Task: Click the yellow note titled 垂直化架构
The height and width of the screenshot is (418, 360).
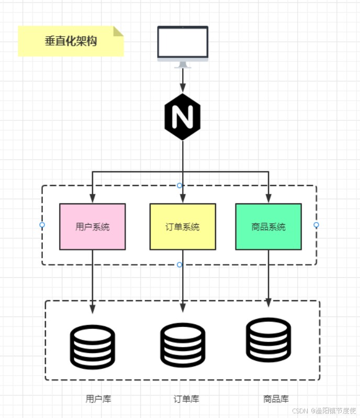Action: tap(71, 41)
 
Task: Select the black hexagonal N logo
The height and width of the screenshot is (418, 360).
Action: tap(183, 117)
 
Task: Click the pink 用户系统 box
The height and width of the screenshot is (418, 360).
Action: tap(93, 227)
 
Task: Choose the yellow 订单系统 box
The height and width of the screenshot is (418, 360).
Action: tap(183, 227)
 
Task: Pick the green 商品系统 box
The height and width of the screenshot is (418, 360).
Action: tap(268, 227)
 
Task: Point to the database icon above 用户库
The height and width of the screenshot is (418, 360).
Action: tap(93, 347)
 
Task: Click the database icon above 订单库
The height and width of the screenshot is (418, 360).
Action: tap(183, 345)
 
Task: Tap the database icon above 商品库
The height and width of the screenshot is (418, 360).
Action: tap(268, 340)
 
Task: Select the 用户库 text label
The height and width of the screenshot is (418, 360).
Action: tap(98, 399)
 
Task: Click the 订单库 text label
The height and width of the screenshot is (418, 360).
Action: tap(186, 399)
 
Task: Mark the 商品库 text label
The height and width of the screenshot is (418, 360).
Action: tap(276, 399)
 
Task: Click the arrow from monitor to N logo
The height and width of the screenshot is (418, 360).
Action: tap(183, 80)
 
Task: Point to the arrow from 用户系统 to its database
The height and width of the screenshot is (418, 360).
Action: tap(93, 283)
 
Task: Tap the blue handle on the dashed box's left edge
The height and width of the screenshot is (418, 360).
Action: tap(42, 225)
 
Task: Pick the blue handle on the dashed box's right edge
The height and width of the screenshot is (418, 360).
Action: tap(316, 225)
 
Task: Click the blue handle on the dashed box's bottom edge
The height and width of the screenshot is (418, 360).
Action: tap(179, 265)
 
